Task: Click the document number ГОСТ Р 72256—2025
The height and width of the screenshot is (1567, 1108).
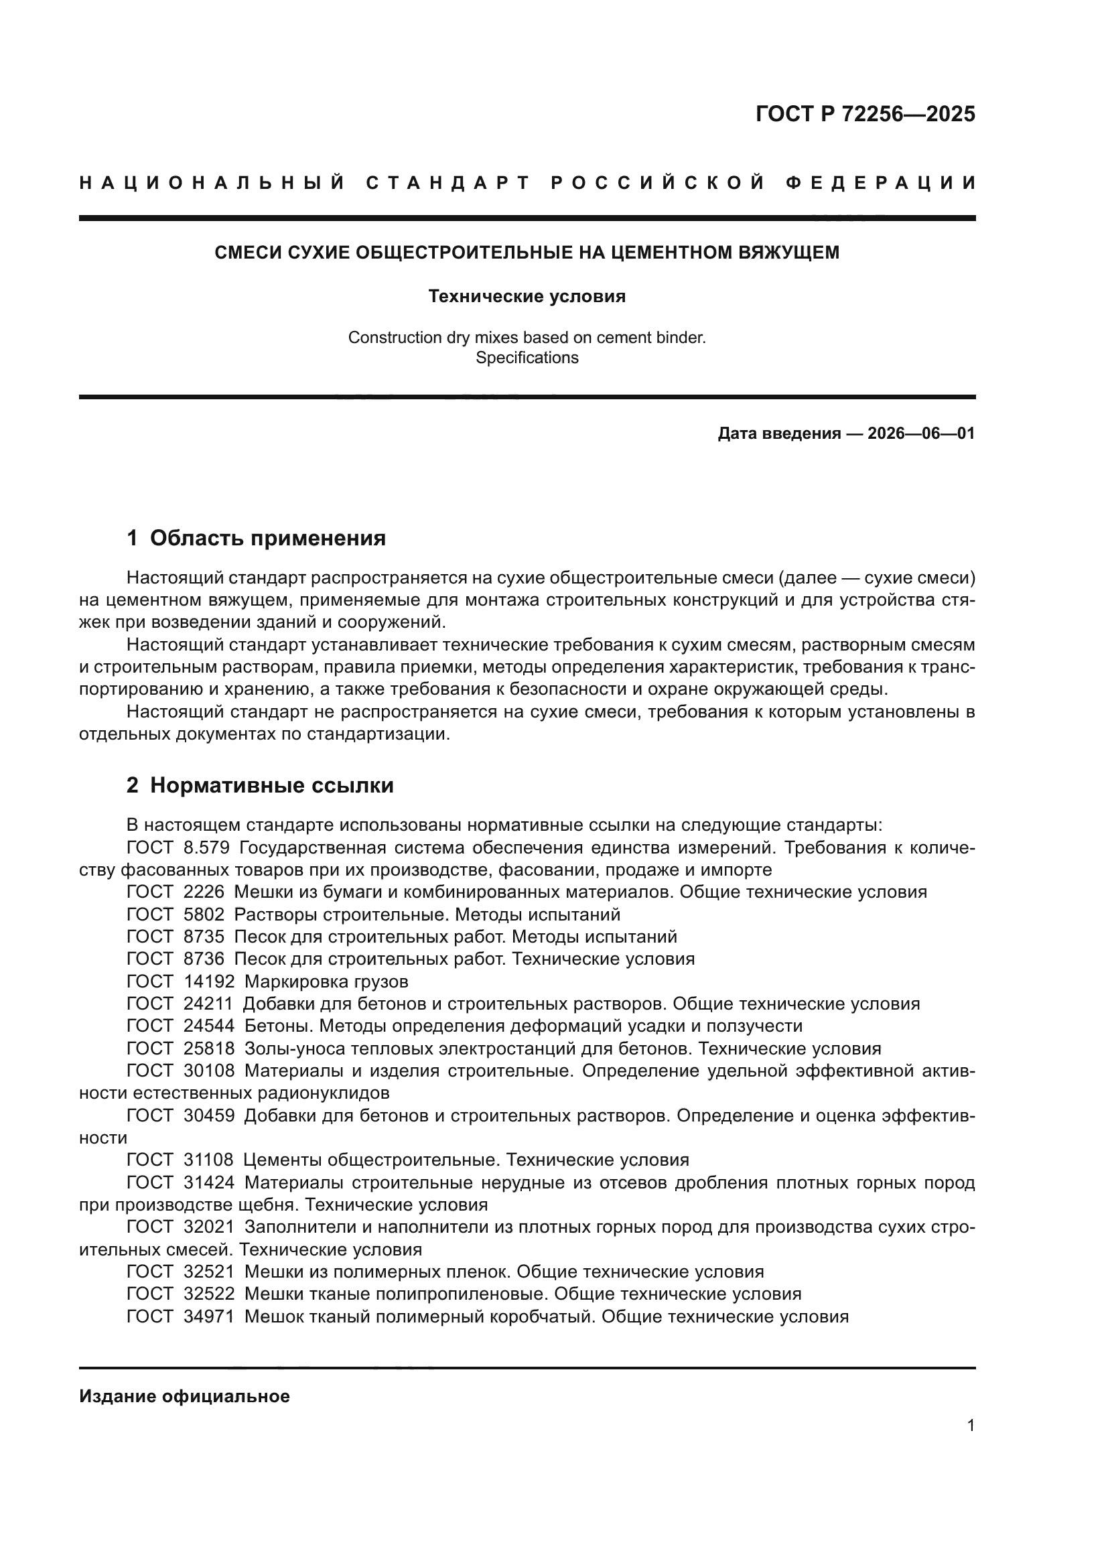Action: pyautogui.click(x=865, y=114)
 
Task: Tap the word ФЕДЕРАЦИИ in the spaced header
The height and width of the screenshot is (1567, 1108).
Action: pyautogui.click(x=881, y=183)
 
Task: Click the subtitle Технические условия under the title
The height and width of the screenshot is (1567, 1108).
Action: pyautogui.click(x=527, y=296)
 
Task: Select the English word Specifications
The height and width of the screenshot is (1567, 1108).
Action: pyautogui.click(x=527, y=358)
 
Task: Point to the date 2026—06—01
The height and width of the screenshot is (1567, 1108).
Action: pyautogui.click(x=921, y=433)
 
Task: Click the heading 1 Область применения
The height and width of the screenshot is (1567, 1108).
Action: pyautogui.click(x=257, y=538)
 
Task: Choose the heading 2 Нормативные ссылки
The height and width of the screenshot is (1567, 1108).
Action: pyautogui.click(x=260, y=786)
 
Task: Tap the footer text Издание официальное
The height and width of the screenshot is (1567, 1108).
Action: pyautogui.click(x=184, y=1396)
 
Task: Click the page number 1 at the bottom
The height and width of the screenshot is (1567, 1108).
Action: pyautogui.click(x=970, y=1426)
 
